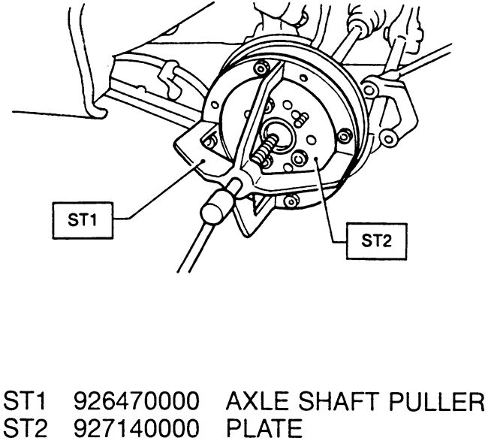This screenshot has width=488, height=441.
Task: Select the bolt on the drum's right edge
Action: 343,135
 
